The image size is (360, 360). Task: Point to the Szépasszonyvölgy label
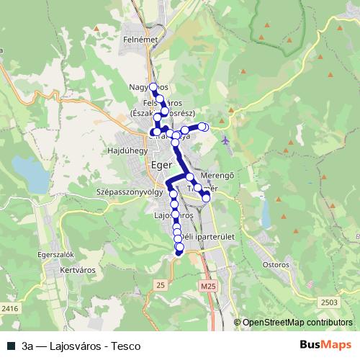tap(127, 193)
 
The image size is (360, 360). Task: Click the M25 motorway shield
tap(208, 287)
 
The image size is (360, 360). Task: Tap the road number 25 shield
tap(160, 287)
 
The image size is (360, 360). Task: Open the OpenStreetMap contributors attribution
tap(297, 323)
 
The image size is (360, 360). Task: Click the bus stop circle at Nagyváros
tap(153, 87)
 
